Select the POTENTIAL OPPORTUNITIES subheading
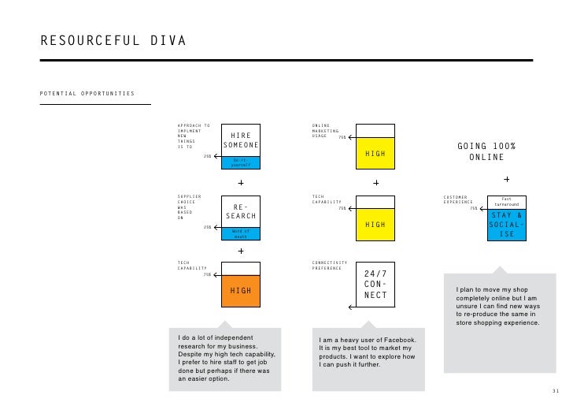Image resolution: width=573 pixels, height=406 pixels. pyautogui.click(x=87, y=95)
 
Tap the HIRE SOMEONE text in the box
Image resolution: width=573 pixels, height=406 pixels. pyautogui.click(x=240, y=140)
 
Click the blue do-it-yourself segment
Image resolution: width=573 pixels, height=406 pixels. pyautogui.click(x=240, y=163)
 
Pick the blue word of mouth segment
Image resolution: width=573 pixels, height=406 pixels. pyautogui.click(x=240, y=233)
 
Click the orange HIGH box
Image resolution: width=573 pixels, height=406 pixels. pyautogui.click(x=240, y=291)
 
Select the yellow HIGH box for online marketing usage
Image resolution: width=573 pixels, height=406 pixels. pyautogui.click(x=375, y=154)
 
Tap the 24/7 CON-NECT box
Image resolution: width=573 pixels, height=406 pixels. pyautogui.click(x=375, y=285)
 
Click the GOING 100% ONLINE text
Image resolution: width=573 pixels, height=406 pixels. pyautogui.click(x=486, y=152)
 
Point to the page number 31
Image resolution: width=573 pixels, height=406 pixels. pyautogui.click(x=556, y=392)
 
